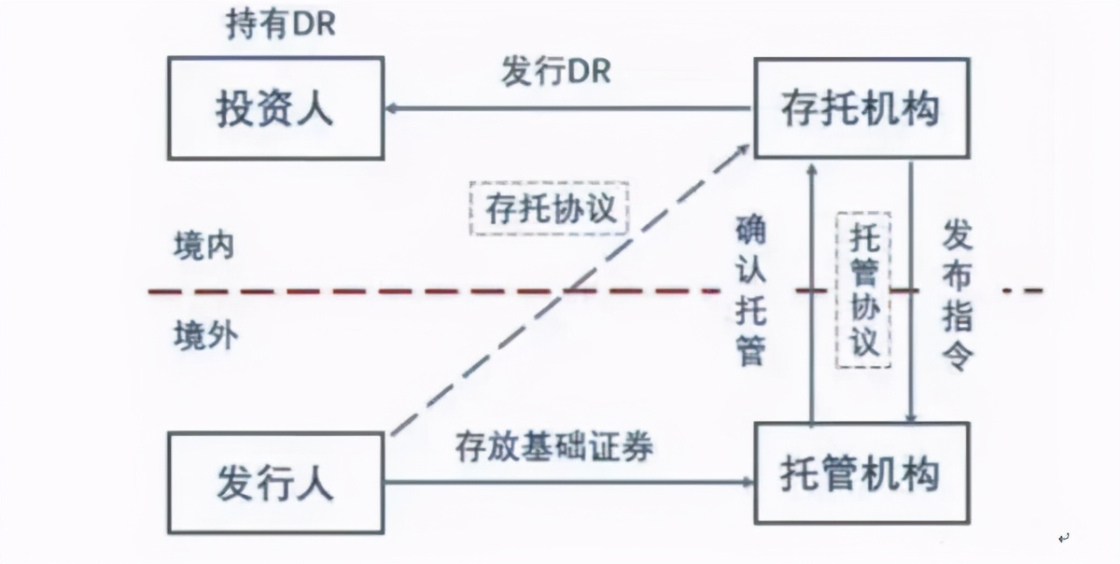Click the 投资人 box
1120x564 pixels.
point(275,107)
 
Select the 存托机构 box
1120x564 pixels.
point(859,108)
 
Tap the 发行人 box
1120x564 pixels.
point(275,484)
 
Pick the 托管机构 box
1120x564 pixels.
point(861,473)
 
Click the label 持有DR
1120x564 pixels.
point(280,25)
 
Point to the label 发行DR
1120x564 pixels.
point(555,72)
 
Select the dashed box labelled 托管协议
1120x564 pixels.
point(864,289)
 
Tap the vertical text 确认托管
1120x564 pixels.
point(751,289)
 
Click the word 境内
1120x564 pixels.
point(203,247)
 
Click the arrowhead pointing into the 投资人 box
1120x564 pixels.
point(393,108)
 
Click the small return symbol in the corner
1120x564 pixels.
point(1063,538)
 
